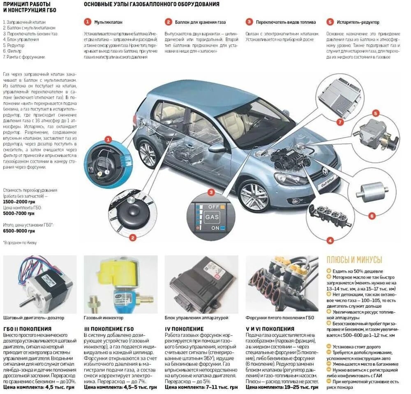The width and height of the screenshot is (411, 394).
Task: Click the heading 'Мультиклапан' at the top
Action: [x=109, y=22]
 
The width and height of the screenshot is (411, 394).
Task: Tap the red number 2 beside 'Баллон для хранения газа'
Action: [x=169, y=22]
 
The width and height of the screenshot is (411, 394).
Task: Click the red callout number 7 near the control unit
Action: [x=339, y=122]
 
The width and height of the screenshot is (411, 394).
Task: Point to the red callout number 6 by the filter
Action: [x=372, y=216]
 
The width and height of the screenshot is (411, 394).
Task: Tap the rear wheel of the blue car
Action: [x=148, y=153]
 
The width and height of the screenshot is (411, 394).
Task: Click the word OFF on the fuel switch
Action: [x=214, y=207]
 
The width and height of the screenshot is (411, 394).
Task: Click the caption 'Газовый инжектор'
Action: [x=103, y=318]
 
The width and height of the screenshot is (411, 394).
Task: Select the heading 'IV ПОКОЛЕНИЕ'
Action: [x=184, y=329]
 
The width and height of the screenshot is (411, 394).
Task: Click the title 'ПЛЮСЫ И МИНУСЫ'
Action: [x=354, y=260]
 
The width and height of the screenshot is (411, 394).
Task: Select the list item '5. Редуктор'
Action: [x=14, y=46]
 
